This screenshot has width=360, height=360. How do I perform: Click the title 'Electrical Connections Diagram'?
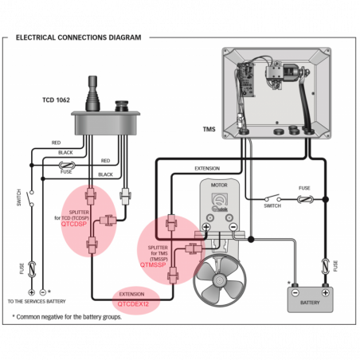pos(79,37)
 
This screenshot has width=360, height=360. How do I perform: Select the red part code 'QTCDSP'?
pos(75,225)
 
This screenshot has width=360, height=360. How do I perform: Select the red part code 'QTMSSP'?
pos(153,264)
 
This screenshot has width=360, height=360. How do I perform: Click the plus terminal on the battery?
pos(324,283)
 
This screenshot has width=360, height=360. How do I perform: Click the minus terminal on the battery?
pos(292,283)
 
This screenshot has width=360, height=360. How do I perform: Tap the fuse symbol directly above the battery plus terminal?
pos(324,264)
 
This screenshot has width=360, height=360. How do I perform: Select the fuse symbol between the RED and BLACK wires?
pos(67,167)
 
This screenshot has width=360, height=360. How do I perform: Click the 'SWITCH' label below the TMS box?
pos(272,206)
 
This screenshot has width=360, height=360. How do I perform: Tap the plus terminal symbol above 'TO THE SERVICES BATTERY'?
pos(32,292)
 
